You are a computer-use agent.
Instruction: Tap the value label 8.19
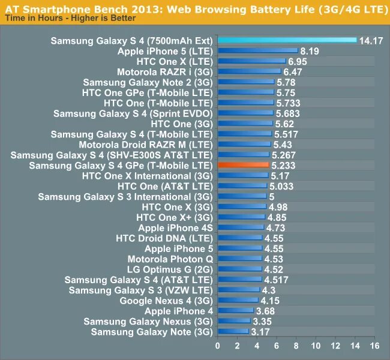(310, 52)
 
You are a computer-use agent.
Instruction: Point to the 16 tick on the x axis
(375, 346)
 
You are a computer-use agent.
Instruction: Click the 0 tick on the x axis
(218, 346)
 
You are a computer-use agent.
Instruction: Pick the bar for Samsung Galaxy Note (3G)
(233, 331)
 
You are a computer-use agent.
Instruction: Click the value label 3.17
(260, 331)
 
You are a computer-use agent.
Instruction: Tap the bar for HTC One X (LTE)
(251, 62)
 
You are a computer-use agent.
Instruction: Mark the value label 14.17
(371, 41)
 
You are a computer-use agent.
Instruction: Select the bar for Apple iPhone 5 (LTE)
(257, 52)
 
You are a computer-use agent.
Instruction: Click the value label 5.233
(284, 165)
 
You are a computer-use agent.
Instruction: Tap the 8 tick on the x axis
(296, 346)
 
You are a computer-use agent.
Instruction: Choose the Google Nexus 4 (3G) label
(166, 301)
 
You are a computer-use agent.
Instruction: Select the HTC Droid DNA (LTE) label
(164, 238)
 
